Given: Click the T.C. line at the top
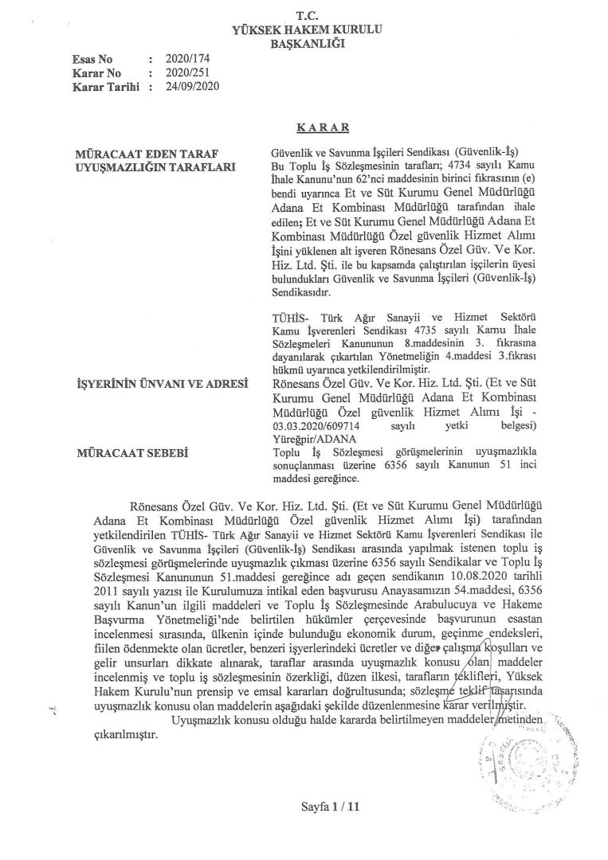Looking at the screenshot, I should pos(306,16).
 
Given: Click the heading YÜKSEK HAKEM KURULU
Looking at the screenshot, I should pos(307,29).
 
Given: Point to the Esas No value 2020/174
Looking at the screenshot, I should pos(184,59).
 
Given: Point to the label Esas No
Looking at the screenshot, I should pos(92,59).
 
